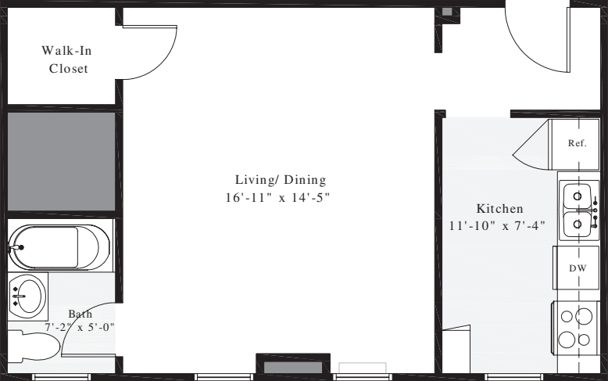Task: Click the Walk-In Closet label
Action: [x=64, y=59]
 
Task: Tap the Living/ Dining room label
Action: [x=280, y=179]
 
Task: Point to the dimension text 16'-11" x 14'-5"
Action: [x=279, y=198]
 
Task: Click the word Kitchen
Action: [x=499, y=209]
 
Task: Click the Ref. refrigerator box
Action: [x=577, y=143]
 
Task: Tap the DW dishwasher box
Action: [x=577, y=268]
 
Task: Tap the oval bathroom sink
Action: [x=29, y=297]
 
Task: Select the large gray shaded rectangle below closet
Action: [x=61, y=160]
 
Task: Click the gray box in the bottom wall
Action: [x=292, y=366]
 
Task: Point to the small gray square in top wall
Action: [x=447, y=12]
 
